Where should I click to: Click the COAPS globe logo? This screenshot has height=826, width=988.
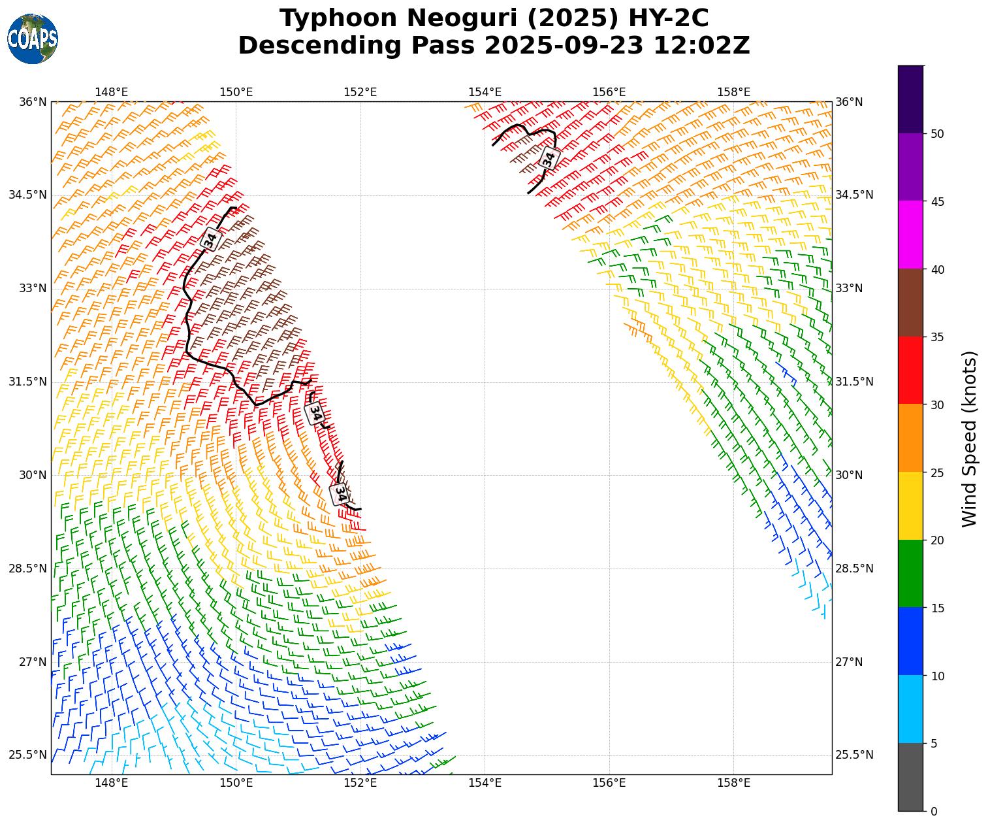(x=33, y=39)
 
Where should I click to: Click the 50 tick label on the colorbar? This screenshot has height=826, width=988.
(x=937, y=134)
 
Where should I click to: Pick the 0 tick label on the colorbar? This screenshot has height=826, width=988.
(x=934, y=812)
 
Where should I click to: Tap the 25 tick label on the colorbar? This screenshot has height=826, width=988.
(x=937, y=472)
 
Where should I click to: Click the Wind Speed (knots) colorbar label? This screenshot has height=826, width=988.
(x=970, y=438)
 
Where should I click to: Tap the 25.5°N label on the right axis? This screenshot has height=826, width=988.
(x=854, y=755)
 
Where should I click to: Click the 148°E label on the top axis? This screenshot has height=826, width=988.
(x=112, y=92)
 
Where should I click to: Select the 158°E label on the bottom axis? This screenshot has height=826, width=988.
(x=733, y=784)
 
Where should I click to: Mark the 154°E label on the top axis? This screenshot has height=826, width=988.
(x=485, y=92)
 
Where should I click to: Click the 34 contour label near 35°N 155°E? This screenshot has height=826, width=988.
(x=549, y=158)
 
